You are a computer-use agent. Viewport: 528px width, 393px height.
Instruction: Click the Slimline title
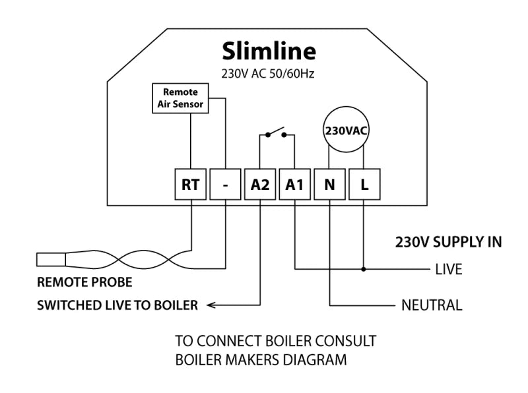click(269, 51)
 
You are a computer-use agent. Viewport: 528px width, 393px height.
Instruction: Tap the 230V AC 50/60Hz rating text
click(269, 73)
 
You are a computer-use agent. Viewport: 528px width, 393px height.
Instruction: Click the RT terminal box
click(190, 186)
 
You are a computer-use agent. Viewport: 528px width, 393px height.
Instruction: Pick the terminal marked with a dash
click(226, 186)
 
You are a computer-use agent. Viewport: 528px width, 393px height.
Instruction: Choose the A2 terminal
click(261, 186)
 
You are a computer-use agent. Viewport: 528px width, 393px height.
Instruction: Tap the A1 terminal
click(295, 186)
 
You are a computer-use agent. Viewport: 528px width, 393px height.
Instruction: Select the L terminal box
click(364, 186)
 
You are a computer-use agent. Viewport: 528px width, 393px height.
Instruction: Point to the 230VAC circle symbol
click(346, 130)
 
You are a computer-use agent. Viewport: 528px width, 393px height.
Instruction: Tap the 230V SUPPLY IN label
click(448, 242)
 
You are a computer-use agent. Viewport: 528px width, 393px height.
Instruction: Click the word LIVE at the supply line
click(449, 270)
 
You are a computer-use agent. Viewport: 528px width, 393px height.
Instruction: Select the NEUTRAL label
click(432, 305)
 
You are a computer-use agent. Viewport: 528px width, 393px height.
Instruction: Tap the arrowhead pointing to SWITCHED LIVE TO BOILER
click(210, 305)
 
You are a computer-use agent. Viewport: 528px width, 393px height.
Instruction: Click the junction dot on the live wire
click(364, 269)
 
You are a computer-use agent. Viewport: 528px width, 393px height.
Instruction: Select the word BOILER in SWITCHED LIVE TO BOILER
click(178, 305)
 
